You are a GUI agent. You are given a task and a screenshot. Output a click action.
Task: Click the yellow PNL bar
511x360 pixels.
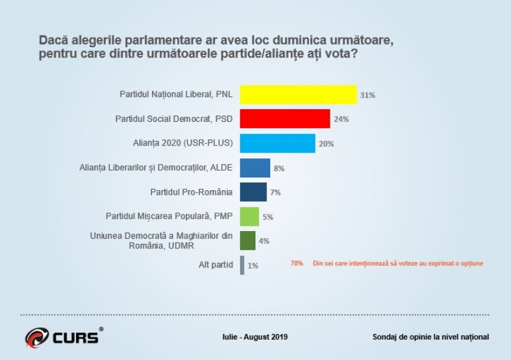pos(298,94)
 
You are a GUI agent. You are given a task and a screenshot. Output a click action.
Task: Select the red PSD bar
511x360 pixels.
pos(285,119)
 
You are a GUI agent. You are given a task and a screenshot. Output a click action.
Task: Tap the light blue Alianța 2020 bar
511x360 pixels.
pos(277,143)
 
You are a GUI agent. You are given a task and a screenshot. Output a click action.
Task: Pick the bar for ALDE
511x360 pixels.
pos(255,168)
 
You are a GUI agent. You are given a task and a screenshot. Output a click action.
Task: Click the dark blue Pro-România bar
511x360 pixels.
pos(253,192)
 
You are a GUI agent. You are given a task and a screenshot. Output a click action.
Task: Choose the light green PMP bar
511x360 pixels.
pos(249,216)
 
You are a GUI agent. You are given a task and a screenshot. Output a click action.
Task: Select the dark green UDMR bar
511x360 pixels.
pos(247,241)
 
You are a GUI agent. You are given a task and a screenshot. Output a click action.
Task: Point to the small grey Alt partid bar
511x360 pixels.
pos(242,265)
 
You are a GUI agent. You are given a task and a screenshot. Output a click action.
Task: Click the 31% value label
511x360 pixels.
pos(367,95)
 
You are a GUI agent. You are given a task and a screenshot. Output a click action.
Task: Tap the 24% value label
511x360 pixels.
pos(341,119)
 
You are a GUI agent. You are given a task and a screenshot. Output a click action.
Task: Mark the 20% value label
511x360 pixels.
pos(326,144)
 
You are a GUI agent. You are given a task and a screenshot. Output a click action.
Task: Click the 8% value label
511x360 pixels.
pos(278,169)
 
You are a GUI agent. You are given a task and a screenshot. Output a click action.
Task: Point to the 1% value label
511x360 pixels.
pos(252,266)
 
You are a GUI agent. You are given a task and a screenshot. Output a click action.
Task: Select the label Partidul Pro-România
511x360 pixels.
pos(192,192)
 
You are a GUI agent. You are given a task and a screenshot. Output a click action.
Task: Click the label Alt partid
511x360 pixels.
pos(215,265)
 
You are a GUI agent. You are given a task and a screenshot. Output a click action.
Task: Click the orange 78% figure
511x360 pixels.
pos(296,263)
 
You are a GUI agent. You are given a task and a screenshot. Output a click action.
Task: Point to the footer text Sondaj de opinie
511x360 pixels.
pos(431,336)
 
